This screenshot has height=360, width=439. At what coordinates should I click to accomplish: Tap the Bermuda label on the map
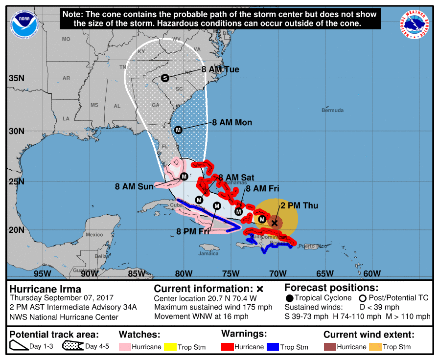coord(332,111)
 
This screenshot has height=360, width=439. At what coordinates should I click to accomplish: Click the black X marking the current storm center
coord(275,223)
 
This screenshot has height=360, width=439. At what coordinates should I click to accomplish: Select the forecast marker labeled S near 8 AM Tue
coord(165,78)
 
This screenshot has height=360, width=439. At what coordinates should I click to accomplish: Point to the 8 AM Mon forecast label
coord(232,122)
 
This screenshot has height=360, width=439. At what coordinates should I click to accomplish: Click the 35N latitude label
coord(18,78)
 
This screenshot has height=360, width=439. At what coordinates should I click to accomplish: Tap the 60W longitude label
coord(372,273)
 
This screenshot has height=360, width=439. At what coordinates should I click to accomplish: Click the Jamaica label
coord(208,254)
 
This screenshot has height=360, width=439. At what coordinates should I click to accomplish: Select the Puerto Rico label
coord(312,246)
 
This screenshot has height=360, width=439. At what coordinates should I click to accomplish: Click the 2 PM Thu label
coord(299,205)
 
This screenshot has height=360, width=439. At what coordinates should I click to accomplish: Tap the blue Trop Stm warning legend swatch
coord(273,347)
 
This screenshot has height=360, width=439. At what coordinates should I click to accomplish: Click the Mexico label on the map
coord(94,235)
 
